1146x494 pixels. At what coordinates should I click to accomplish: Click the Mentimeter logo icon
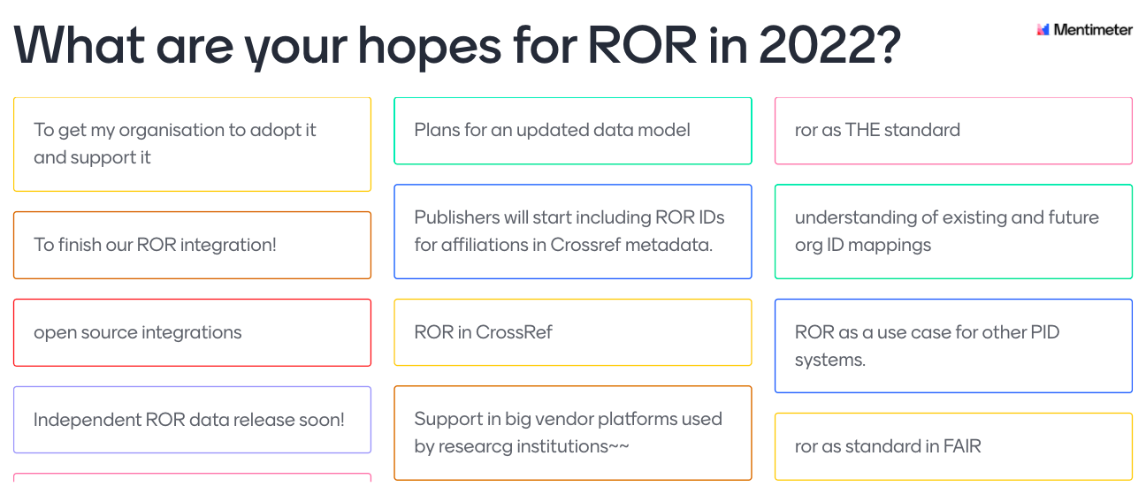click(x=1043, y=30)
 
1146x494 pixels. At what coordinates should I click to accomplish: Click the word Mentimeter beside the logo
click(x=1093, y=30)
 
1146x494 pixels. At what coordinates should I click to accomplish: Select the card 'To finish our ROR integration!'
click(x=193, y=245)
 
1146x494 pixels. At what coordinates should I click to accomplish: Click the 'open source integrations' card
click(x=193, y=332)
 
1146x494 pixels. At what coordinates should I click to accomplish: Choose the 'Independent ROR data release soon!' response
click(x=193, y=420)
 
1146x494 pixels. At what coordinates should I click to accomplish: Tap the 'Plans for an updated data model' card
click(x=573, y=131)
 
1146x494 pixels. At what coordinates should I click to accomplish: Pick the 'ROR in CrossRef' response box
click(x=573, y=332)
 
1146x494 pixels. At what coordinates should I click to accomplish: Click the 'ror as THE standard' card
click(x=953, y=131)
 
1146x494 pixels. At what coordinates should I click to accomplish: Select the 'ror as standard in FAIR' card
click(x=953, y=446)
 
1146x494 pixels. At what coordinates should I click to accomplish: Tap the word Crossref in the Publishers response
click(x=585, y=245)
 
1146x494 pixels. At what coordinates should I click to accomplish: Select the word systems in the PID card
click(x=829, y=361)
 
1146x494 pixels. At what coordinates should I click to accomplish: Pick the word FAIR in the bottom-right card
click(x=962, y=446)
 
